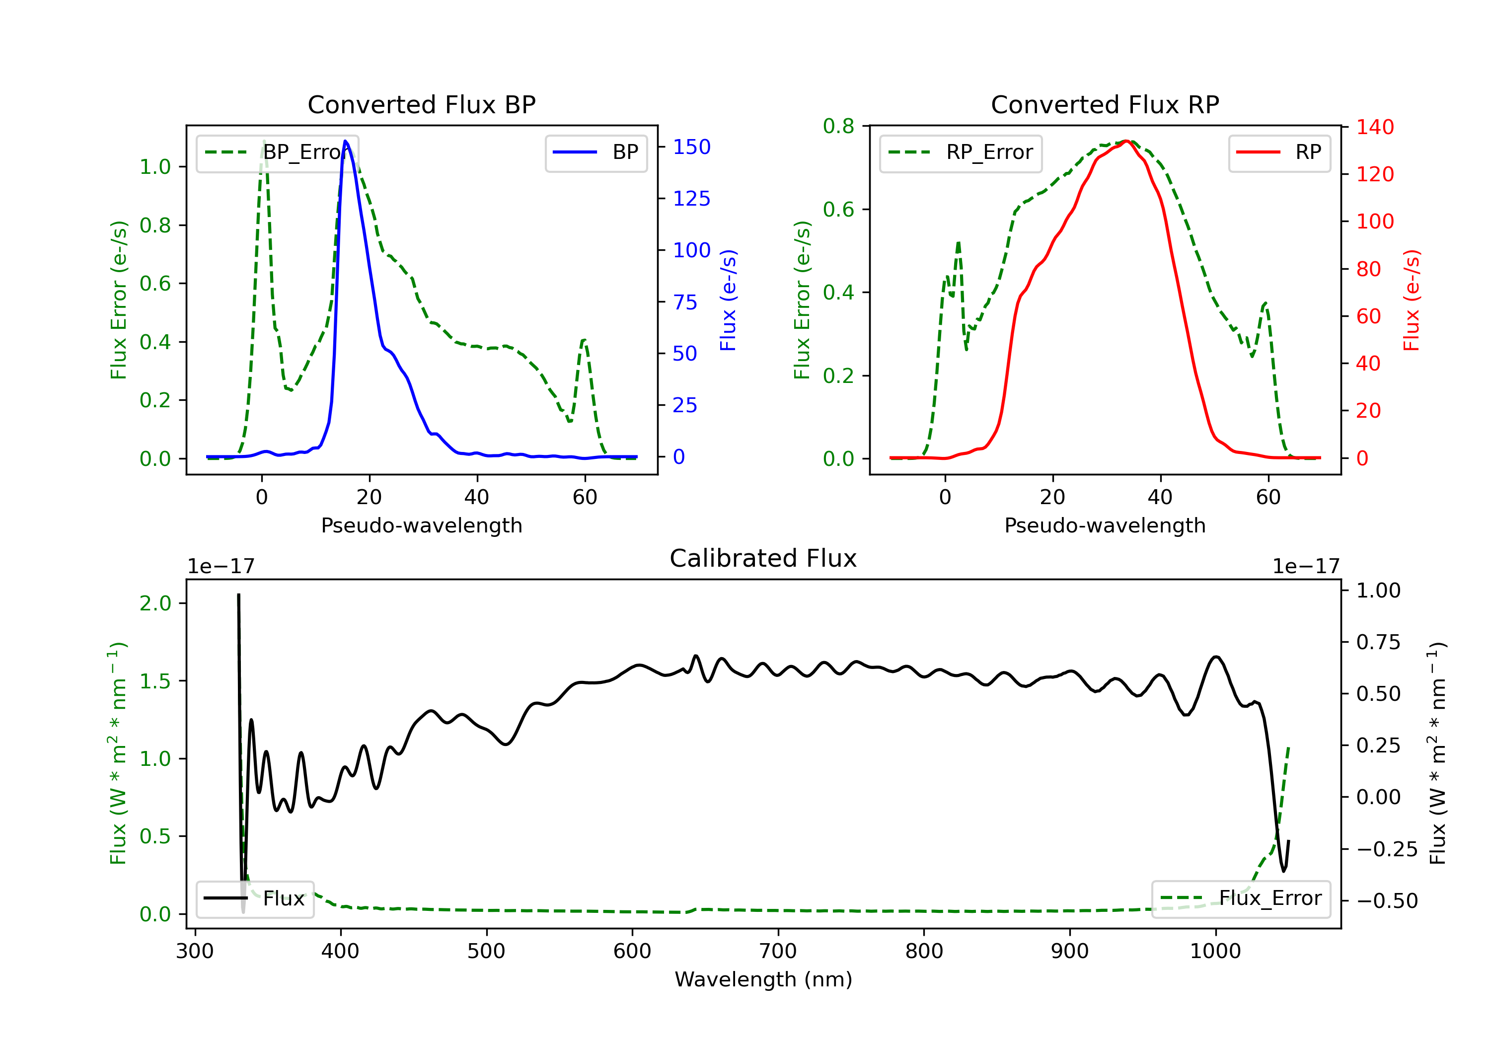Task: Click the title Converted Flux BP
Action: pyautogui.click(x=422, y=104)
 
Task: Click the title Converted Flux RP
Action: pyautogui.click(x=1105, y=104)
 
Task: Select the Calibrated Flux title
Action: pyautogui.click(x=763, y=558)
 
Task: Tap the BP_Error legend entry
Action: pyautogui.click(x=277, y=152)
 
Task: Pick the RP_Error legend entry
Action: pyautogui.click(x=961, y=152)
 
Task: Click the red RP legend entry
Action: pyautogui.click(x=1279, y=152)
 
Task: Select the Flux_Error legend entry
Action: pyautogui.click(x=1241, y=898)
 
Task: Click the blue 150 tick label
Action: pyautogui.click(x=692, y=148)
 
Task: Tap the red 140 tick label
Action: pyautogui.click(x=1375, y=127)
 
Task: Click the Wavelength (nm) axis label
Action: pyautogui.click(x=764, y=979)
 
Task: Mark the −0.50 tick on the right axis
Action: pyautogui.click(x=1387, y=901)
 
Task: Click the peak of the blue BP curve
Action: pyautogui.click(x=345, y=141)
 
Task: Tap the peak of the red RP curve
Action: pyautogui.click(x=1126, y=141)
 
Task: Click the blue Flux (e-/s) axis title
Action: pyautogui.click(x=728, y=300)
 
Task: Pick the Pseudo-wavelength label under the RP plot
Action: pyautogui.click(x=1105, y=525)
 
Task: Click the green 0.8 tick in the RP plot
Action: pyautogui.click(x=838, y=126)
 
